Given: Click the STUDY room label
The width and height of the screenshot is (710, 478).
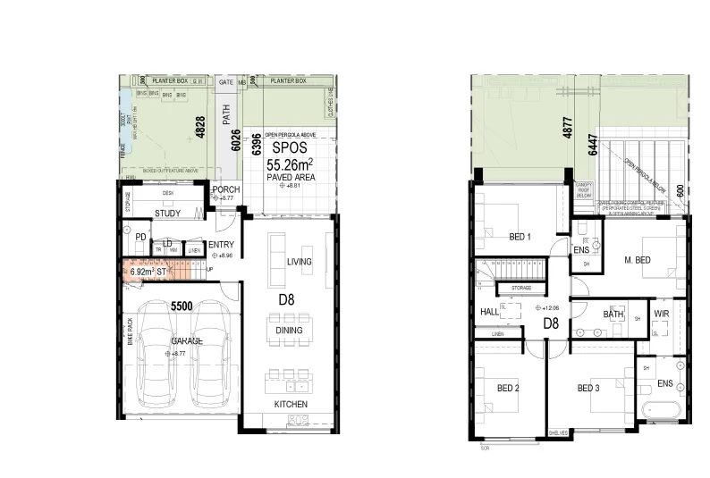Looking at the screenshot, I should pos(167,214).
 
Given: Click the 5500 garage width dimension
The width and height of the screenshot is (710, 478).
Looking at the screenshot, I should pos(182,305).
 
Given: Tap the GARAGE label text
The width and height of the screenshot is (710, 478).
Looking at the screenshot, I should pos(186,341).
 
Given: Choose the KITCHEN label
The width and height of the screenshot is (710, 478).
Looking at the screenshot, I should pos(292,405).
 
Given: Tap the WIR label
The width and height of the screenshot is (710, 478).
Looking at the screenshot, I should pos(662,314).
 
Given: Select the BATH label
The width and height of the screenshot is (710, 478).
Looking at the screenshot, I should pos(613,314).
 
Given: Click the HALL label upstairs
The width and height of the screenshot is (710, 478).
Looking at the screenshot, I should pos(488,311).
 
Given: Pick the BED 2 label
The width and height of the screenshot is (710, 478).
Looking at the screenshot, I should pos(509,388).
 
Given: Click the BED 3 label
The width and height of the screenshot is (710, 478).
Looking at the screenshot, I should pos(588,388).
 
